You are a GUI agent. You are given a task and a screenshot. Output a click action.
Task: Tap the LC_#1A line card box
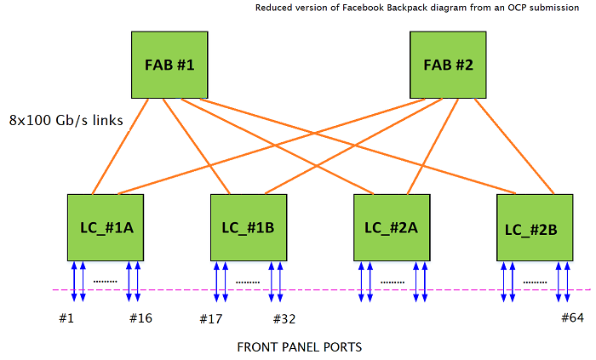(x=106, y=228)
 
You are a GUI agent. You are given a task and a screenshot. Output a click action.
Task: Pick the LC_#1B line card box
(x=249, y=228)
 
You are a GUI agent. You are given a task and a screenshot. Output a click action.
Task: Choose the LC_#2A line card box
(x=392, y=228)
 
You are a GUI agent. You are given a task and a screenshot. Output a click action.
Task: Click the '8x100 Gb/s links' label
(x=66, y=121)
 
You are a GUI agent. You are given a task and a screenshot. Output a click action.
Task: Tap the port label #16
(x=140, y=318)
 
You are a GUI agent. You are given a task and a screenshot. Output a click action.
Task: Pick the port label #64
(x=573, y=318)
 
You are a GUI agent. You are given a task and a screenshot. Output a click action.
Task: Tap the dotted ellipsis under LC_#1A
(x=105, y=281)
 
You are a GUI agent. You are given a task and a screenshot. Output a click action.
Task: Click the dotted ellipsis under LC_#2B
(x=534, y=281)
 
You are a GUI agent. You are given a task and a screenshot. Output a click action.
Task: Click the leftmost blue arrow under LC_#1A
(x=74, y=281)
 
